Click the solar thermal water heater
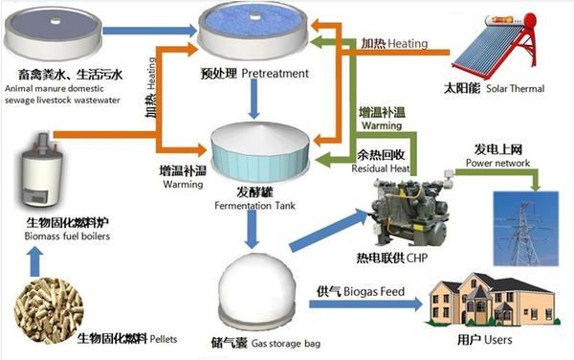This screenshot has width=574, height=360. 496,45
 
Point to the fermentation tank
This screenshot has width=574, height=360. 260,153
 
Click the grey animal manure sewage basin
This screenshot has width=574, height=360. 53,33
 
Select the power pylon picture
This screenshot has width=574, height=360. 526,228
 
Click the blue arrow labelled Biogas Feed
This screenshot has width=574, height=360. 366,304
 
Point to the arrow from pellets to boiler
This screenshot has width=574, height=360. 34,261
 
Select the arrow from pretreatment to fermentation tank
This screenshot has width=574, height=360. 254,99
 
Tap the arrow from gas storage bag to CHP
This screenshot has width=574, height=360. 329,230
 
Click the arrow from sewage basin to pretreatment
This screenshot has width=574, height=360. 150,31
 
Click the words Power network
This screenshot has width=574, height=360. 497,163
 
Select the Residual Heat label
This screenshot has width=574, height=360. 381,169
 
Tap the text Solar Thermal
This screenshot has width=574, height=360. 516,89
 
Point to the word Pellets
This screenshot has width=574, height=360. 164,339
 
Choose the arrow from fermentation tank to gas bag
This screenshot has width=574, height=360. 252,230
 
